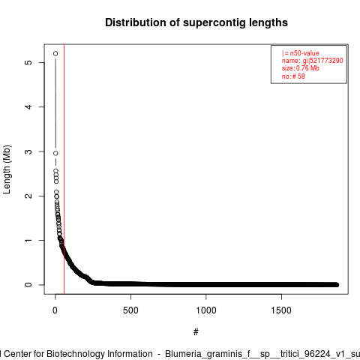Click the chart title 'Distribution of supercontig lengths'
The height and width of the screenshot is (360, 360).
coord(196,22)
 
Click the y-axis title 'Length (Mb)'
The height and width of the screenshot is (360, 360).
coord(7,169)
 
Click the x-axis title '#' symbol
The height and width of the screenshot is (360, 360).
coord(196,331)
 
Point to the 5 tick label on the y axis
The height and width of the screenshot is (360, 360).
coord(28,62)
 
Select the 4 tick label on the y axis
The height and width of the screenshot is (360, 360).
coord(28,106)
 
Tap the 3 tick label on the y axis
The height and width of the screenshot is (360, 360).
coord(28,151)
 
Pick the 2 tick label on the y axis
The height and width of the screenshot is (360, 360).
coord(28,196)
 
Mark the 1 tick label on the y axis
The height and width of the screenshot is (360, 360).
coord(28,240)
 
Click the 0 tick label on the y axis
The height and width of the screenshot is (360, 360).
coord(28,285)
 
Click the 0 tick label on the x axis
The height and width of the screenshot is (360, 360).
coord(55,310)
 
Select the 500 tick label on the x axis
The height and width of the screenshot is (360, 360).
coord(130,310)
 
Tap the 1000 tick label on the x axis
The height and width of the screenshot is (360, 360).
coord(206,310)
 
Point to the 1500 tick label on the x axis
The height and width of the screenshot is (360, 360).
coord(281,310)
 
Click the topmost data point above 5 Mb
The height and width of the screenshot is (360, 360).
coord(55,53)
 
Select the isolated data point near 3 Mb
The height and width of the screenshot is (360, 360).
coord(55,153)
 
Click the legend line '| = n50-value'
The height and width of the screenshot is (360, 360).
coord(301,53)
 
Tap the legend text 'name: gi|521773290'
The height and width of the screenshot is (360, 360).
coord(313,61)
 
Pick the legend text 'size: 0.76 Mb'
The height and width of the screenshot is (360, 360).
coord(301,68)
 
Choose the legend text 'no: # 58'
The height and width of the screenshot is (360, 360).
coord(293,76)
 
